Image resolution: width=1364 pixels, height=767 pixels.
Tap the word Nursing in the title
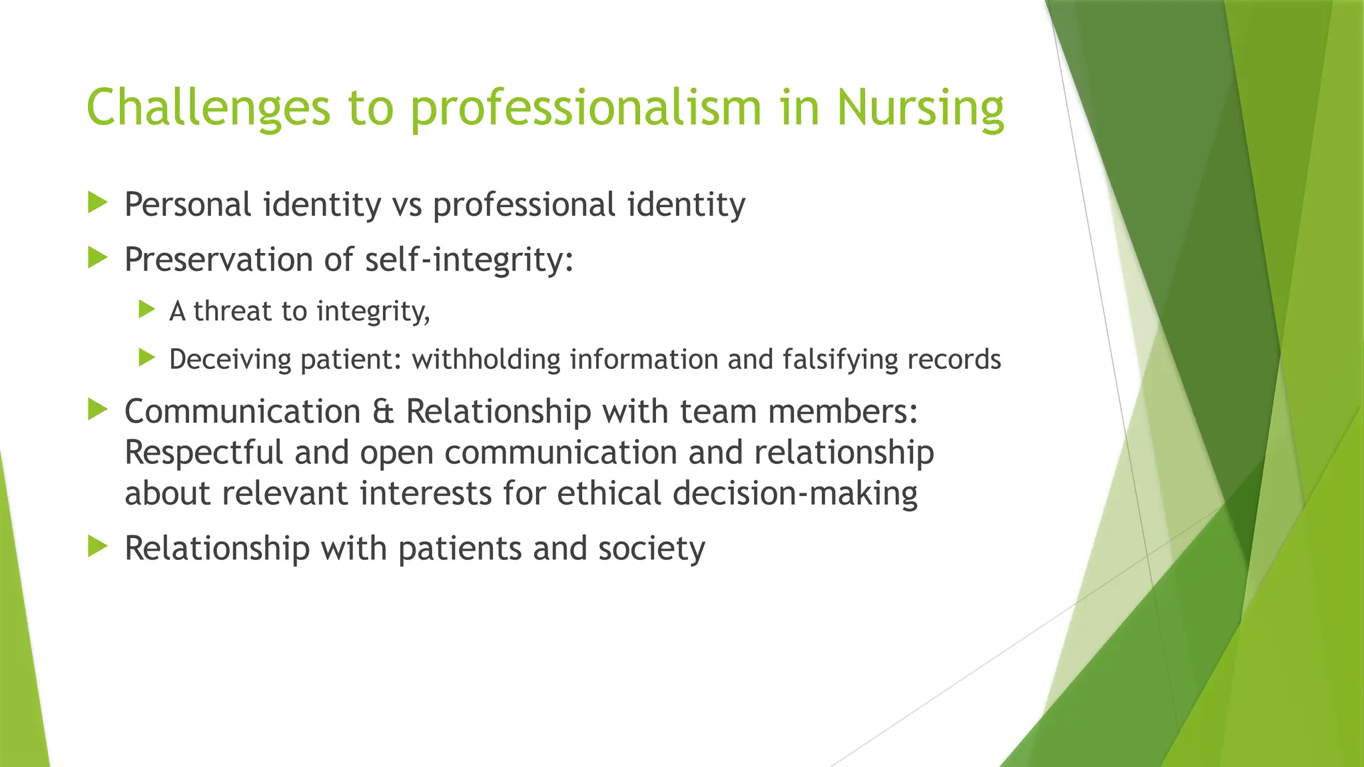[920, 108]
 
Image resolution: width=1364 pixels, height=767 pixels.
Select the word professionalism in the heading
[585, 108]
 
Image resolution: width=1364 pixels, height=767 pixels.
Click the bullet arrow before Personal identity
[97, 202]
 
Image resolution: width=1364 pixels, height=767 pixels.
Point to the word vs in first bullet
[406, 204]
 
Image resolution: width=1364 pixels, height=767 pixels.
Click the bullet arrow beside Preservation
[97, 258]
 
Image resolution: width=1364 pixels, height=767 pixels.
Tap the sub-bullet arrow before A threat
[147, 310]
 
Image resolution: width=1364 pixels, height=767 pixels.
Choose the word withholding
[486, 360]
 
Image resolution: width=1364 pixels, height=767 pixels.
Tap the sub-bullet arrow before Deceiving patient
[147, 358]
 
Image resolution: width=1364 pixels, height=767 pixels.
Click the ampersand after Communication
[383, 411]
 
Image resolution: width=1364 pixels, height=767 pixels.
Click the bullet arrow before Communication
[97, 409]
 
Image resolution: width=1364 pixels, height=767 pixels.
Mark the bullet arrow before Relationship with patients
[97, 547]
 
